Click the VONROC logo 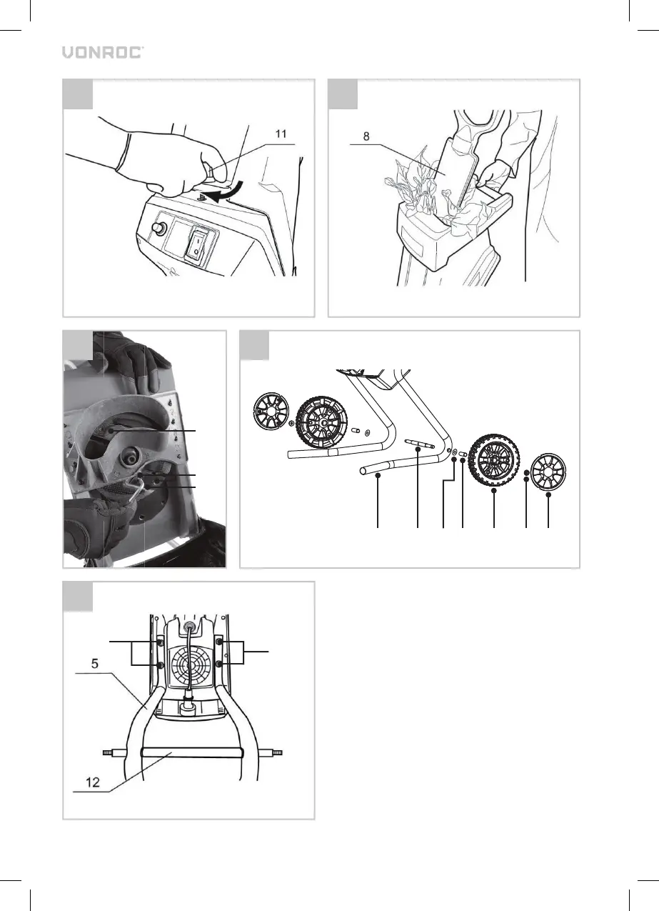pos(102,52)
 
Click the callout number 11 pos(281,134)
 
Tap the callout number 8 pos(366,136)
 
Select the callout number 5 pos(95,663)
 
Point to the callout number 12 pos(93,782)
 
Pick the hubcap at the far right pos(549,471)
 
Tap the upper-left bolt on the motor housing pos(161,642)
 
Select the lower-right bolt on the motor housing pos(218,664)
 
